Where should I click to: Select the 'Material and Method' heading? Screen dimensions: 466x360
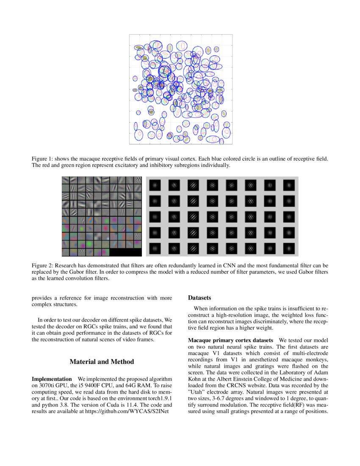click(102, 361)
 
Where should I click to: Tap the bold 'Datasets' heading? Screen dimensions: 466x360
click(199, 298)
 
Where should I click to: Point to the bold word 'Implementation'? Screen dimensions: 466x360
click(52, 378)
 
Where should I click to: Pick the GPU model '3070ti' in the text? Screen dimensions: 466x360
click(41, 385)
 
